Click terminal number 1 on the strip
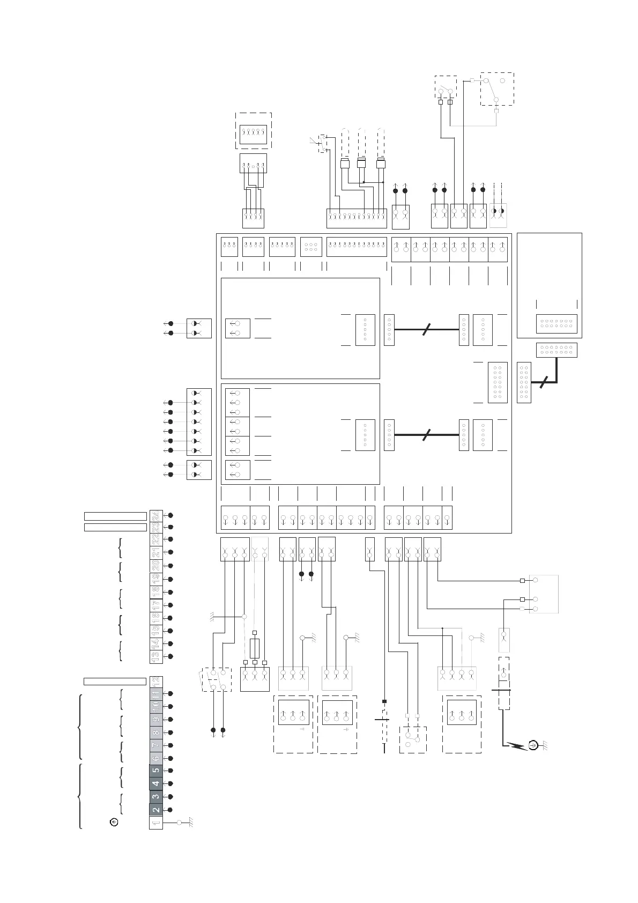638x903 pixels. click(x=155, y=823)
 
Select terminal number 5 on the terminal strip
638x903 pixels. click(x=155, y=771)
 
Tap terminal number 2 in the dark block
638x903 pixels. click(x=155, y=810)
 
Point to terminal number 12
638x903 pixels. click(x=155, y=681)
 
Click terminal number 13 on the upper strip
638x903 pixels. click(x=155, y=656)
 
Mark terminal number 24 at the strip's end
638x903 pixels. click(x=155, y=515)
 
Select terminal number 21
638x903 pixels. click(x=155, y=552)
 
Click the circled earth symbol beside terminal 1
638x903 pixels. click(x=114, y=822)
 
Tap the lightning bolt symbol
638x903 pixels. click(x=517, y=745)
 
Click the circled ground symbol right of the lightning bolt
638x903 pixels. click(x=533, y=745)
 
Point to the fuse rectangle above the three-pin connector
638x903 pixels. click(x=255, y=648)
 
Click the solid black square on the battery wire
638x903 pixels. click(x=384, y=701)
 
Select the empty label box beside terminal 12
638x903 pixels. click(x=115, y=682)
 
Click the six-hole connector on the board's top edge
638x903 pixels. click(x=311, y=247)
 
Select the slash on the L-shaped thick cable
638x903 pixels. click(x=543, y=383)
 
